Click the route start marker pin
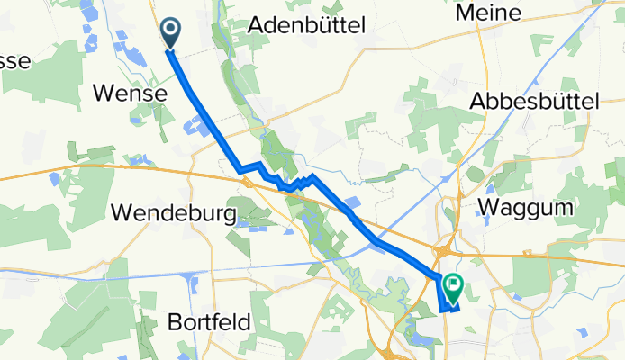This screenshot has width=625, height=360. coord(170,32)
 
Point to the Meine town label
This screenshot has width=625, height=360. coord(489,13)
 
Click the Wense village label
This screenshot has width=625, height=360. coord(130,93)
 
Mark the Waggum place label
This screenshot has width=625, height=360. coord(527,206)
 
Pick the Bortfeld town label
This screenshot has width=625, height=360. coord(209,321)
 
